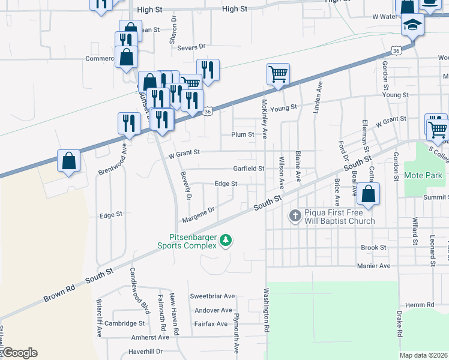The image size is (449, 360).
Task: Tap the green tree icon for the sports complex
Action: [x=225, y=241]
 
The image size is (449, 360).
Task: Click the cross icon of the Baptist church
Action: [x=295, y=215]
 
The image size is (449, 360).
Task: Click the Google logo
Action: [x=19, y=353]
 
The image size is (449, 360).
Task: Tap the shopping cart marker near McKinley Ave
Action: [x=278, y=75]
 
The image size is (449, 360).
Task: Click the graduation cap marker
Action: [x=412, y=25]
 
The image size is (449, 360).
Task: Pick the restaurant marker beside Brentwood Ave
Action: [x=129, y=124]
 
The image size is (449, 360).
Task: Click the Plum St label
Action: [x=243, y=134]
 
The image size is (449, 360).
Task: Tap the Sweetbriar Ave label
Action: [x=212, y=296]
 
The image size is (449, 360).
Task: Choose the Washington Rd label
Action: [x=265, y=311]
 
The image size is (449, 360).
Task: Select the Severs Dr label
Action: [x=191, y=46]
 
